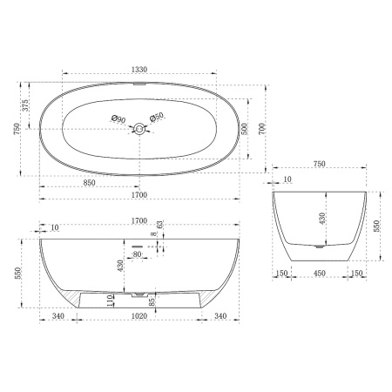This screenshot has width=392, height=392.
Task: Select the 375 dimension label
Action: tap(27, 106)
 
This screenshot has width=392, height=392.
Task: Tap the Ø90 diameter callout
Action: tap(118, 118)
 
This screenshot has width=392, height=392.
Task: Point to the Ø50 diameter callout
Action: tap(158, 118)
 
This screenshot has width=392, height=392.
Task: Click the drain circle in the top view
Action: tap(139, 129)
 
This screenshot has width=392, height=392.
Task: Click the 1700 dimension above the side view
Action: tap(139, 221)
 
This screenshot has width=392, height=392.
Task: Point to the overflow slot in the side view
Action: tap(138, 246)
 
